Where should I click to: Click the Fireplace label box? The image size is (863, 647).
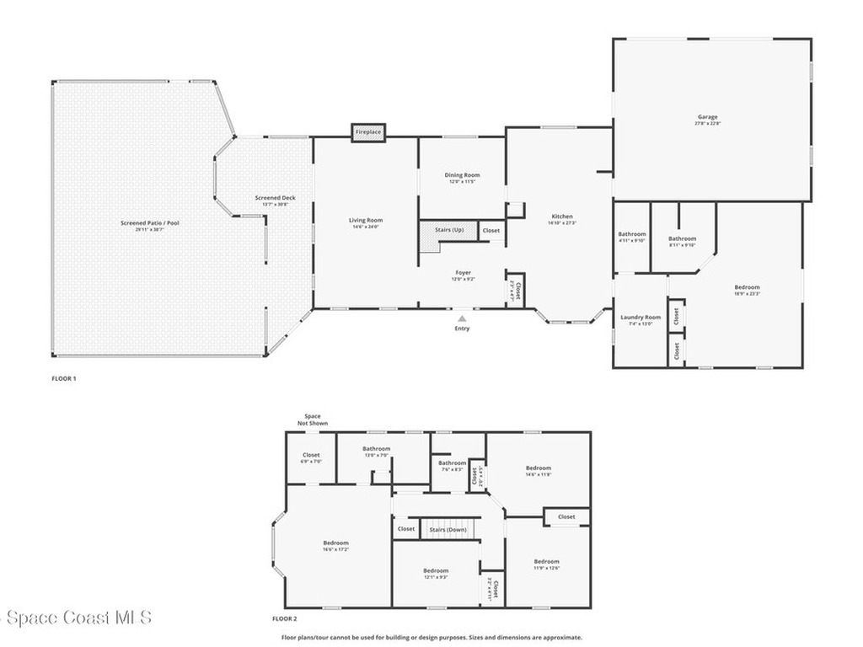[x=368, y=132]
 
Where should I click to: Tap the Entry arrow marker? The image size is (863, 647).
[x=462, y=319]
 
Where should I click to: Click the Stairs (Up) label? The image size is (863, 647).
[x=448, y=229]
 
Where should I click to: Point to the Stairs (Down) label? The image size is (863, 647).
[x=448, y=529]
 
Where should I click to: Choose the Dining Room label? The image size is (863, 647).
[x=462, y=175]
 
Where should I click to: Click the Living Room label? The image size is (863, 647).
[x=366, y=221]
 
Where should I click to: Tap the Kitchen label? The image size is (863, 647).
[x=562, y=217]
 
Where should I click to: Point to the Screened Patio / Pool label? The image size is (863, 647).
[x=149, y=223]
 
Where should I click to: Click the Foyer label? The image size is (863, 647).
[x=464, y=273]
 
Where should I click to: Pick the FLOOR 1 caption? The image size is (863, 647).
[x=64, y=379]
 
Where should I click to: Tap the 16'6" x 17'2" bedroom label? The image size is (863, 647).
[x=335, y=543]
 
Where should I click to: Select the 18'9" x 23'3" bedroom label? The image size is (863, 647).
[x=747, y=287]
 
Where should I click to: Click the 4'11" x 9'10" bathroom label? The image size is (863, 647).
[x=631, y=234]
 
